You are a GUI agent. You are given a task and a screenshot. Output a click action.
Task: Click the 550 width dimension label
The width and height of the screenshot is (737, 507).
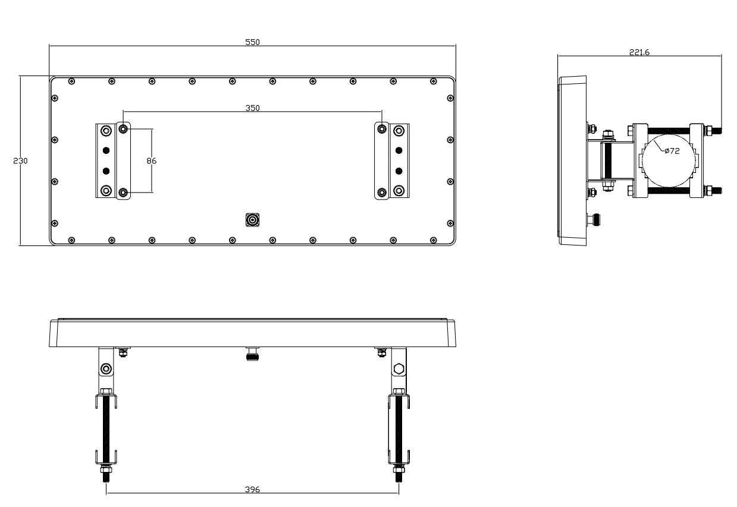pyautogui.click(x=252, y=42)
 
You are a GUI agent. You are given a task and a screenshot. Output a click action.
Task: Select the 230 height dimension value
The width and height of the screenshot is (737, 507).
pyautogui.click(x=20, y=161)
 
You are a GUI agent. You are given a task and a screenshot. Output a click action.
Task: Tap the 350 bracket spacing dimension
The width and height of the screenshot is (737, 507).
pyautogui.click(x=252, y=108)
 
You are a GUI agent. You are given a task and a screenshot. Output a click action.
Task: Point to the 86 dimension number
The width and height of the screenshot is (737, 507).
pyautogui.click(x=151, y=161)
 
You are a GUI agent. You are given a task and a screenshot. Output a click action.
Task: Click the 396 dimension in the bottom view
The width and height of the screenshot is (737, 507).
pyautogui.click(x=252, y=490)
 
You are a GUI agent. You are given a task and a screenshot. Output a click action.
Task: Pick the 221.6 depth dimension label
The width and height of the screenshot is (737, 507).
pyautogui.click(x=639, y=52)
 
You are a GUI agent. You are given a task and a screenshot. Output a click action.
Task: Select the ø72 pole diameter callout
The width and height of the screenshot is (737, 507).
pyautogui.click(x=672, y=151)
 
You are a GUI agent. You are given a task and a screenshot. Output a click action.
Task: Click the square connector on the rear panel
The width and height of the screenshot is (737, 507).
pyautogui.click(x=252, y=220)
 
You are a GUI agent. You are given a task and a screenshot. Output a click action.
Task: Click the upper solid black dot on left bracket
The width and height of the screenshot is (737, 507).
pyautogui.click(x=106, y=150)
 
